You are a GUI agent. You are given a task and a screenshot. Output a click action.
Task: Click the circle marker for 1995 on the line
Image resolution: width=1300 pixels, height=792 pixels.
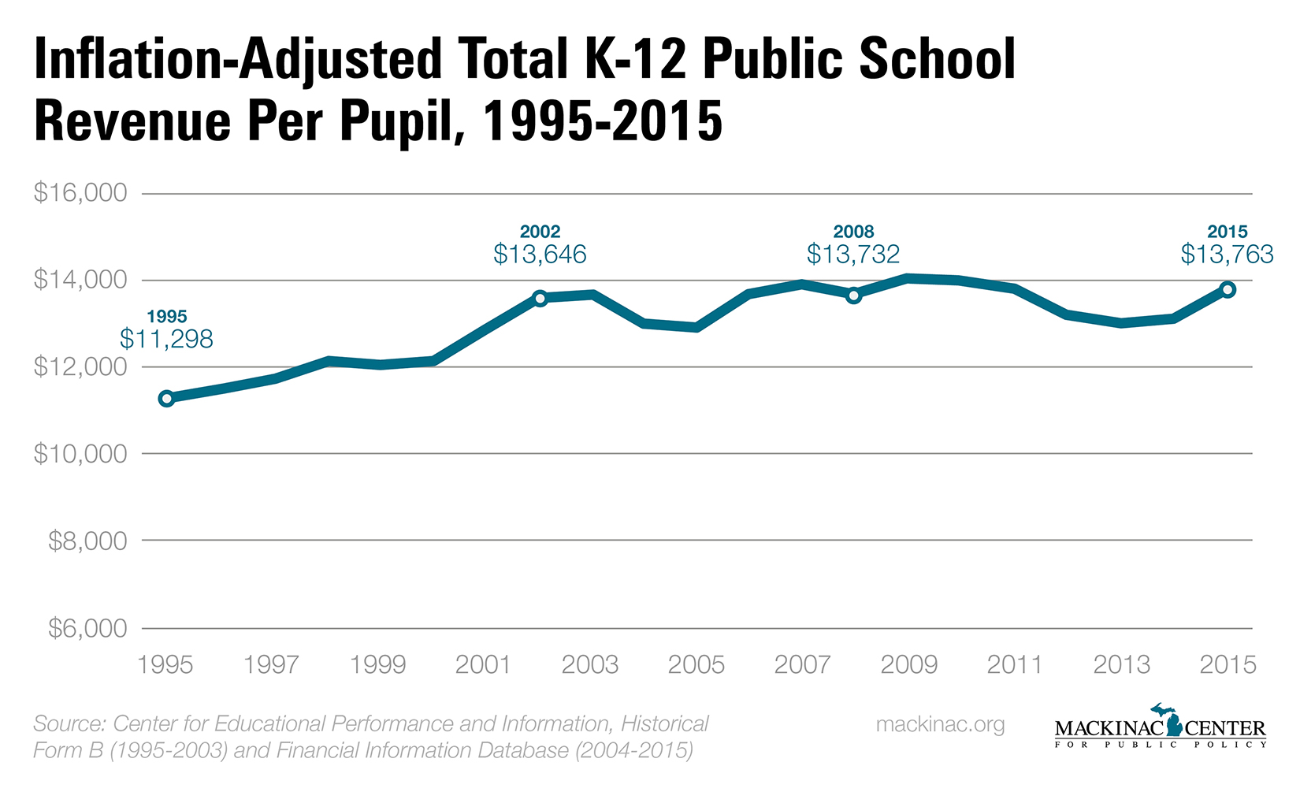pos(166,398)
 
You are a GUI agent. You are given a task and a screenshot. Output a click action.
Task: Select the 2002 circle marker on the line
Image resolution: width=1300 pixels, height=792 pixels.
pos(540,298)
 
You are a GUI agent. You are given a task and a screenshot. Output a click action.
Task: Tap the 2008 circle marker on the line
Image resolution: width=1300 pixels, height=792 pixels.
pos(853,296)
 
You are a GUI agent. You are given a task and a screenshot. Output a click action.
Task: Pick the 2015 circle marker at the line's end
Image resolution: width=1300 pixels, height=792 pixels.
pos(1228,289)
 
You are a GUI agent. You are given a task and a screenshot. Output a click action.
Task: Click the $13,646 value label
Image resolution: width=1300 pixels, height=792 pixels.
pos(540,254)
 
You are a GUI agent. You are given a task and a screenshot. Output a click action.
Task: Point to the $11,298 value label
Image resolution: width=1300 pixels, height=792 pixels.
pos(166,339)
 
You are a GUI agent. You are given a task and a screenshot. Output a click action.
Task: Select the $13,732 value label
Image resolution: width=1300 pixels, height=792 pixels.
pos(853,254)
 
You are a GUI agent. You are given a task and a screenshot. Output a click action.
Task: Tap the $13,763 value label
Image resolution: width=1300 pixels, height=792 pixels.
pos(1227,254)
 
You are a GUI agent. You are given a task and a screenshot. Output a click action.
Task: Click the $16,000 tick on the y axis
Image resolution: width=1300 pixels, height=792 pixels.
pos(80,193)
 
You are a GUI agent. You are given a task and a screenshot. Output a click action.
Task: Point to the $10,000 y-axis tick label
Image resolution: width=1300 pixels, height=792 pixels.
pos(80,454)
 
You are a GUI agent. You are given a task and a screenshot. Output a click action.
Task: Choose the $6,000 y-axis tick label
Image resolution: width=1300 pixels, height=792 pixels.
pos(87,628)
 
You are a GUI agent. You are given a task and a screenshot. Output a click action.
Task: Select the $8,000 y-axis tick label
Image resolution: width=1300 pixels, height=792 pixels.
pos(87,541)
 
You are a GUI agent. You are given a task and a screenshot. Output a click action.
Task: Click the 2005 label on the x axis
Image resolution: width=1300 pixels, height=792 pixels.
pos(696,664)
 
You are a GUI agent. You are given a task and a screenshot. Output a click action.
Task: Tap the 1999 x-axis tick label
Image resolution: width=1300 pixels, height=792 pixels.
pos(377,664)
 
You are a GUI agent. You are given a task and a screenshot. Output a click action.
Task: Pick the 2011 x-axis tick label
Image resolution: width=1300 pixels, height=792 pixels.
pos(1015,664)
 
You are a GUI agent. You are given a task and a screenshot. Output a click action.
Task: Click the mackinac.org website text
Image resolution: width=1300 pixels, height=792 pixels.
pos(940,724)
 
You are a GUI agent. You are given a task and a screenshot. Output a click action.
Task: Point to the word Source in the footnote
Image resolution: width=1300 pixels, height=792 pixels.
pos(69,723)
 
